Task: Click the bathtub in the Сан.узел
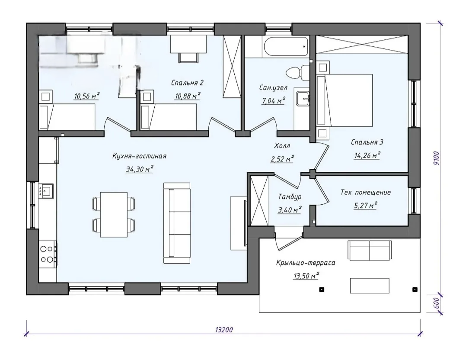tap(285, 47)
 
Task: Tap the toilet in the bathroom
tap(297, 71)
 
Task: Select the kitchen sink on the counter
tap(46, 191)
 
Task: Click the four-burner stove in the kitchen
tap(48, 254)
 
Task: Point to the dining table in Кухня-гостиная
tap(114, 214)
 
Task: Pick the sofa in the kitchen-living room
tap(177, 223)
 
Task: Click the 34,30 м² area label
tap(140, 169)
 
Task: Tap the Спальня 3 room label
tap(367, 142)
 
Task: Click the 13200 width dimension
tap(224, 330)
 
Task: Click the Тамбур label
tap(290, 197)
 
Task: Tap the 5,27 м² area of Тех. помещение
tap(365, 206)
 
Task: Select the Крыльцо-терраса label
tap(306, 263)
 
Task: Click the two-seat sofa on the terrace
tap(369, 250)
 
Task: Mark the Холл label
tap(282, 145)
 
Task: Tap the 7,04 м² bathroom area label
tap(273, 101)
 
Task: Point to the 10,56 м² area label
tap(87, 96)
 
